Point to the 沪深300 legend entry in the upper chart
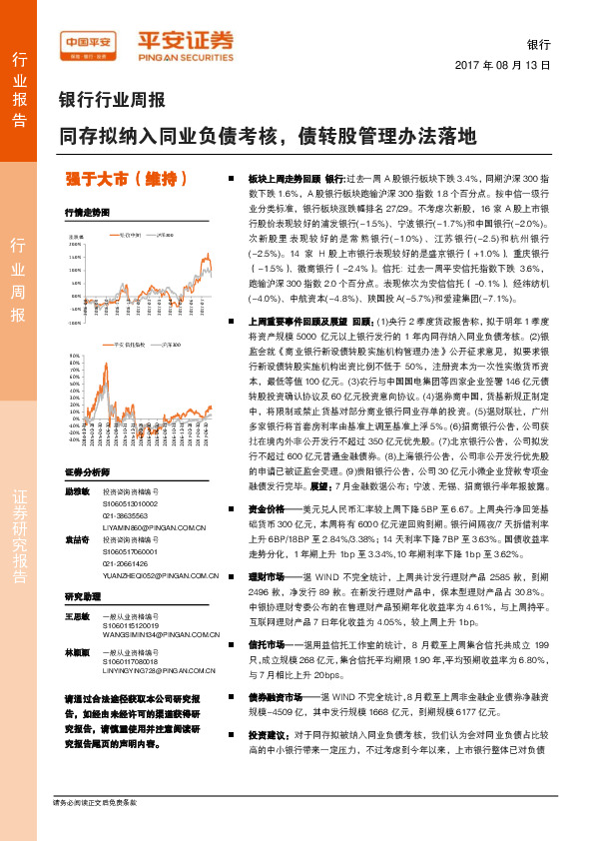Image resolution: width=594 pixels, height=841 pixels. pyautogui.click(x=164, y=235)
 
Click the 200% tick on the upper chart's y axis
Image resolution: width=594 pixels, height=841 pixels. pyautogui.click(x=75, y=244)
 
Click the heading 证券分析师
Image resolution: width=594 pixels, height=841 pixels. pyautogui.click(x=88, y=471)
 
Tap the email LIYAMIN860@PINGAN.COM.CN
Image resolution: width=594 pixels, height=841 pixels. pyautogui.click(x=154, y=525)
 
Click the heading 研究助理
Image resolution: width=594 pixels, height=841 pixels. pyautogui.click(x=84, y=594)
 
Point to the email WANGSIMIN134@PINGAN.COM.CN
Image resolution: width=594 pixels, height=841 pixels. pyautogui.click(x=156, y=633)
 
